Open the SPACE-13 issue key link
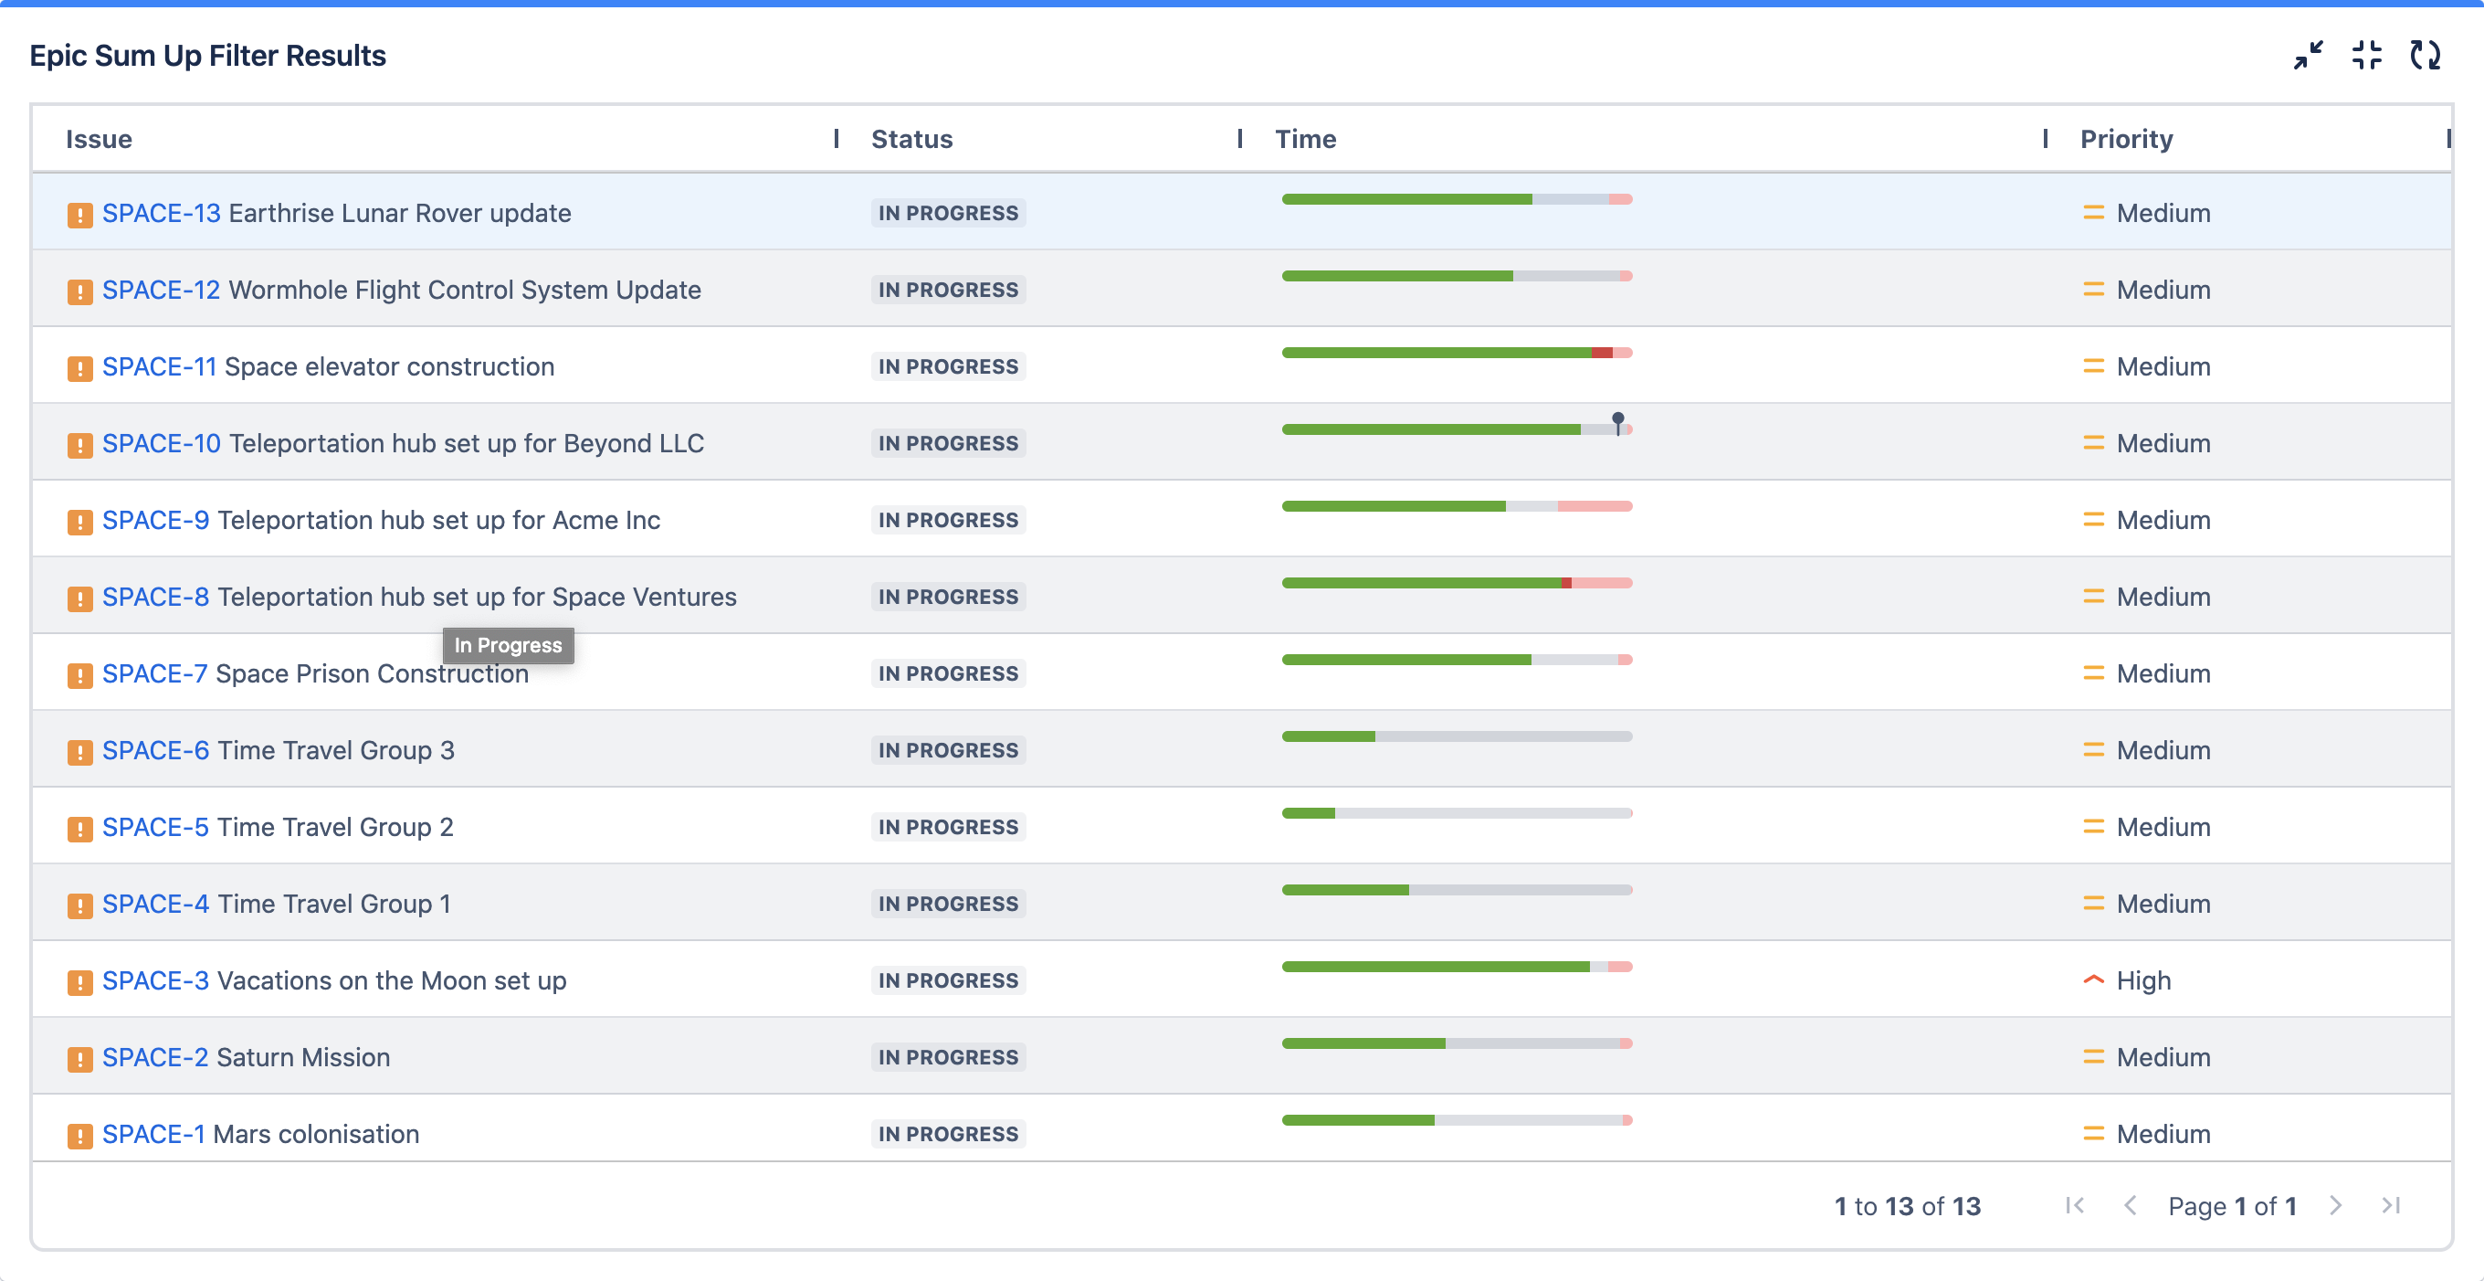click(161, 213)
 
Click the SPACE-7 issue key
click(154, 673)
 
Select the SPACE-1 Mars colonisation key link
click(153, 1135)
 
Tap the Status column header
click(911, 139)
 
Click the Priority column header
click(2126, 139)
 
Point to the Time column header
click(1305, 139)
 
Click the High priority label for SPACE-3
click(2142, 981)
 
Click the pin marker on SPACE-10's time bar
click(1618, 421)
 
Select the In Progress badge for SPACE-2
click(948, 1057)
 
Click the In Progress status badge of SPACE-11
click(948, 366)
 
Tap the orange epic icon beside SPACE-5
click(80, 829)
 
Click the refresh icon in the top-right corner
click(2426, 55)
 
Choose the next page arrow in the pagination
click(2334, 1206)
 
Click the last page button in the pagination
click(2391, 1206)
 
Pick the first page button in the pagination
click(2075, 1206)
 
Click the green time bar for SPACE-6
click(1328, 737)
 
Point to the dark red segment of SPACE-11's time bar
click(1602, 353)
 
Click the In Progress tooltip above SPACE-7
click(508, 645)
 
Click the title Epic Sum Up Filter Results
click(207, 56)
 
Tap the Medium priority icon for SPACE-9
click(2092, 520)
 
